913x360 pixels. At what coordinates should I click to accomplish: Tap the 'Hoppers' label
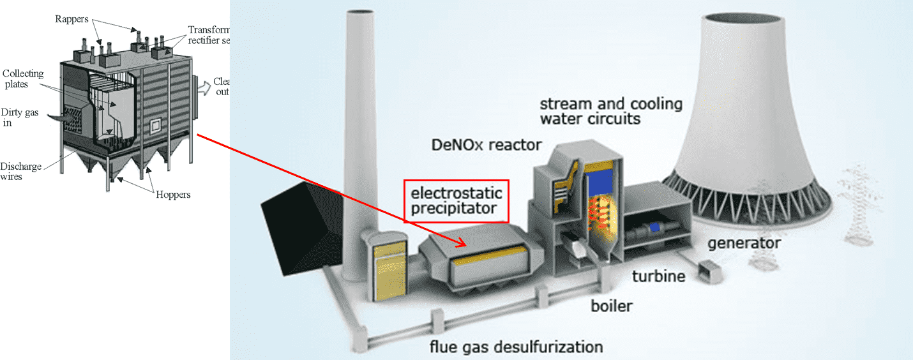pyautogui.click(x=173, y=195)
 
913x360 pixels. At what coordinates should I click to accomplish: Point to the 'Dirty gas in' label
pyautogui.click(x=19, y=117)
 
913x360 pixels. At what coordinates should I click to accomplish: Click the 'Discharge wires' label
pyautogui.click(x=21, y=172)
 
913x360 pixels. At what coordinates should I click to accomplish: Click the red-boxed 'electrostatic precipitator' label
pyautogui.click(x=456, y=201)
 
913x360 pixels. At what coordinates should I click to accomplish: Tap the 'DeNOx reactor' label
pyautogui.click(x=487, y=145)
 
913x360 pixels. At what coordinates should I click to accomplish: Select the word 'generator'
pyautogui.click(x=744, y=243)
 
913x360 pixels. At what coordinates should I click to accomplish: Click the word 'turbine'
pyautogui.click(x=658, y=276)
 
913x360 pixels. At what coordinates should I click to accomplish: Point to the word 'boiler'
pyautogui.click(x=611, y=306)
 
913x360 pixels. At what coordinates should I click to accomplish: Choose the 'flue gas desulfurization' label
pyautogui.click(x=516, y=347)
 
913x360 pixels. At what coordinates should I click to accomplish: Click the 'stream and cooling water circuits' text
pyautogui.click(x=611, y=111)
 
